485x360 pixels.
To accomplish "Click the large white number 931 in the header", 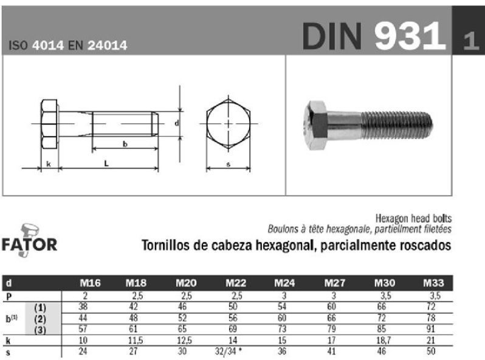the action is pos(410,36).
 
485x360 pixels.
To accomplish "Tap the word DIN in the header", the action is pos(332,36).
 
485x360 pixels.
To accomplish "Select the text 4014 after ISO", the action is pos(48,46).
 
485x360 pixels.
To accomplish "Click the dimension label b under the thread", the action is pos(125,144).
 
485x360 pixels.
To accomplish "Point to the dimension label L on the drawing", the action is pos(106,163).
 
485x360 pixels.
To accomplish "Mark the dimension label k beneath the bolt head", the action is pos(49,164).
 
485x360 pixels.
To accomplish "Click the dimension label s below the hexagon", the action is pos(229,164).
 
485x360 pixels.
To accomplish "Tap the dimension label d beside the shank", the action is pos(177,123).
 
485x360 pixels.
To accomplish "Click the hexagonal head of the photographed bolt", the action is pos(316,125).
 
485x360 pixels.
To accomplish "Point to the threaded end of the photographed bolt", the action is pos(397,125).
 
